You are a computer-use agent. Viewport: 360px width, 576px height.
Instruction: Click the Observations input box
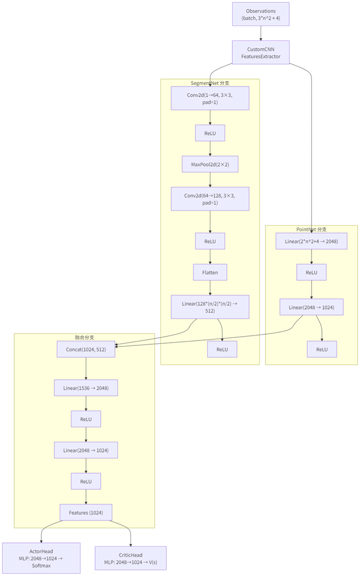tap(260, 15)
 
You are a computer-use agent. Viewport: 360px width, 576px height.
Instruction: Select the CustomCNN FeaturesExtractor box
tap(260, 53)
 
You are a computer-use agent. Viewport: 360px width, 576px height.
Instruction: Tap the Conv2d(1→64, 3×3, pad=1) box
tap(210, 98)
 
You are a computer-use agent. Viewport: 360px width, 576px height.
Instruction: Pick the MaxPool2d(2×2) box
tap(210, 164)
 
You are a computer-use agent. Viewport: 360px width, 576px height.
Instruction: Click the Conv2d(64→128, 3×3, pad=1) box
tap(210, 199)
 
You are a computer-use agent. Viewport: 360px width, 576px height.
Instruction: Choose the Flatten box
tap(210, 272)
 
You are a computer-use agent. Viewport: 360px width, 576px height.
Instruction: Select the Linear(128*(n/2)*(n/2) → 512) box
tap(210, 307)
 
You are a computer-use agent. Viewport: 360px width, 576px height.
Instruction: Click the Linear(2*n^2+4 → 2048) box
tap(311, 241)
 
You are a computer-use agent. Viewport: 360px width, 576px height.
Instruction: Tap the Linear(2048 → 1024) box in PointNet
tap(311, 307)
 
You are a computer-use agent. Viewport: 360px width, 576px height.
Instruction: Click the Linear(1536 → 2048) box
tap(86, 388)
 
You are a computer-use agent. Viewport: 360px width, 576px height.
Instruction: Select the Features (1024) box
tap(86, 512)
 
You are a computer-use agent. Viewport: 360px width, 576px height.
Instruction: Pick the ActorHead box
tap(41, 558)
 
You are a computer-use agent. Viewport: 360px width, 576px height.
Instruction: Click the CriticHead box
tap(131, 558)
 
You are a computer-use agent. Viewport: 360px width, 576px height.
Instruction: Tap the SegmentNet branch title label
tap(209, 83)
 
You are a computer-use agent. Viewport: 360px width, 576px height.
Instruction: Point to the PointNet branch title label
tap(312, 229)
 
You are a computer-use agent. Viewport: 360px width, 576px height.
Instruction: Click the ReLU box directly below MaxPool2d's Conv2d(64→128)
tap(210, 241)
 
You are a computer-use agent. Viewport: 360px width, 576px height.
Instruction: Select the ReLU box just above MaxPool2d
tap(210, 133)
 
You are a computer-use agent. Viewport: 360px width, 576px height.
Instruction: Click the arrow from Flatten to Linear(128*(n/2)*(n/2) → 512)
tap(210, 288)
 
